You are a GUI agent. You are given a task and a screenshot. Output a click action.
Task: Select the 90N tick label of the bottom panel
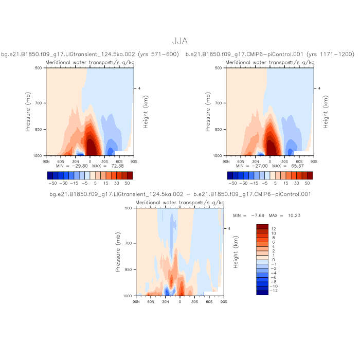coord(136,302)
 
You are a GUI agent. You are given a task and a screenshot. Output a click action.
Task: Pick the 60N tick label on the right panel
coord(241,161)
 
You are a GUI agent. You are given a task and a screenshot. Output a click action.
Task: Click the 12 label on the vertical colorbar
coord(274,228)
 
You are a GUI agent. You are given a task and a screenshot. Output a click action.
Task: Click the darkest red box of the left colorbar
coord(129,175)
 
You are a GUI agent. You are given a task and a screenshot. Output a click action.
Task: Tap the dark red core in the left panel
coord(91,147)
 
